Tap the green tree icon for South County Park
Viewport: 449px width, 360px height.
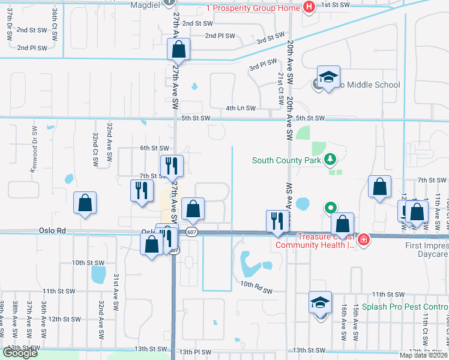coord(330,160)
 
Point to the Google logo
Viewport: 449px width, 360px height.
coord(20,353)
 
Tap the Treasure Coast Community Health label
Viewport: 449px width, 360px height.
coord(313,241)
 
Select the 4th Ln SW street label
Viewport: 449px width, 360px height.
coord(241,109)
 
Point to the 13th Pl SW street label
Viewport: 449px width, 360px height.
coord(195,352)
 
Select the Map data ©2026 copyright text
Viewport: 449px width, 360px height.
coord(423,355)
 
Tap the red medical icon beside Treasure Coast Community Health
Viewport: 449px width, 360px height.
coord(363,241)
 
